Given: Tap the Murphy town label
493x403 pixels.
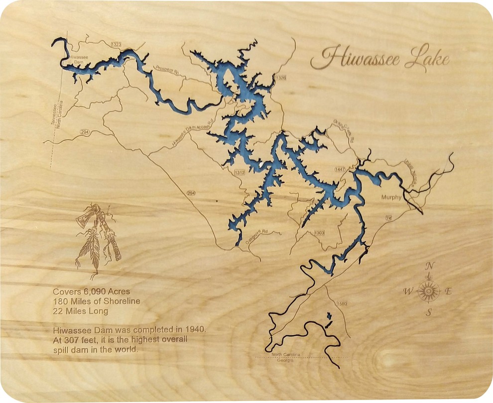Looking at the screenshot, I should (x=391, y=198).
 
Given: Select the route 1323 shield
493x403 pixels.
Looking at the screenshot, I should (x=117, y=45).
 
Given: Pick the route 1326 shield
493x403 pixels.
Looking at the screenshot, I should (x=281, y=78).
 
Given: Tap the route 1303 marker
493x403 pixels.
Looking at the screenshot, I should (x=319, y=233).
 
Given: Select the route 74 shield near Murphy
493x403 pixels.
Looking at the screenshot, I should (x=388, y=218).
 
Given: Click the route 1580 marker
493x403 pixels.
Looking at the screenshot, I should (x=341, y=304).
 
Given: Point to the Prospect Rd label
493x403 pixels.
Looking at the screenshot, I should (x=167, y=71).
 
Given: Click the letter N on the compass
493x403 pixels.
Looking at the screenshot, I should (x=429, y=266).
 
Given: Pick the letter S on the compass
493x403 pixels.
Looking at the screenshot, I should (x=428, y=312).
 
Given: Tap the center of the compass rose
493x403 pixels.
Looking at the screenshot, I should (x=428, y=290).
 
